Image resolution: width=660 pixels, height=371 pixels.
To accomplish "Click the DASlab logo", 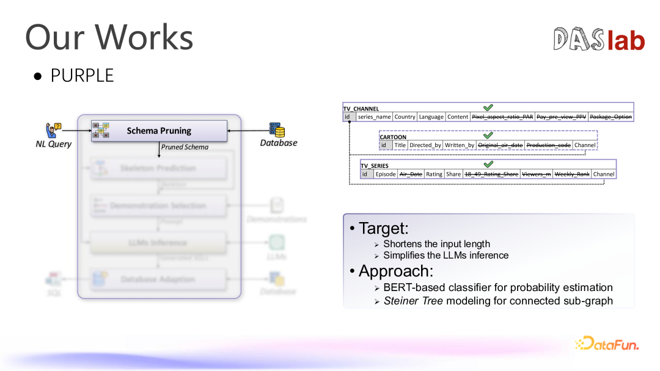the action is point(599,40).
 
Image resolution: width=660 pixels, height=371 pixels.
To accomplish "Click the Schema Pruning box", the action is point(159,131).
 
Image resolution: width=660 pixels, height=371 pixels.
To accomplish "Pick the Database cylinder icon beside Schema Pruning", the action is point(277,130).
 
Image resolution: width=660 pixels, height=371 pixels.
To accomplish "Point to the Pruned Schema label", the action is point(185,147).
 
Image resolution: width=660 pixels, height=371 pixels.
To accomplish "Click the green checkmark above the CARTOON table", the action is point(488,135).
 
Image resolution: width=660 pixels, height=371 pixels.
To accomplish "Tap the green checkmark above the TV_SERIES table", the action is point(488,164).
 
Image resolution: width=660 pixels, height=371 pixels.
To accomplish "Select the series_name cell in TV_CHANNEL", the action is point(374,117).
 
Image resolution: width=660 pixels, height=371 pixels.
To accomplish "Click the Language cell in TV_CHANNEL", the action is point(431,117).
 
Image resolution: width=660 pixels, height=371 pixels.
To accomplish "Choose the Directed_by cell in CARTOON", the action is point(425,145).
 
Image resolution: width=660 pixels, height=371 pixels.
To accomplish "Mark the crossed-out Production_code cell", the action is point(548,145).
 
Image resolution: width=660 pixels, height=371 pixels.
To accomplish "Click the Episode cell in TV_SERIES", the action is point(386,174).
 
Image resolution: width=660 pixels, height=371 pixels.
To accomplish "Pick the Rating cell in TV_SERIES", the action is point(434,174).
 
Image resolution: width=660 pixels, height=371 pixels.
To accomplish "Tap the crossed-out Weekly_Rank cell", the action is point(572,174).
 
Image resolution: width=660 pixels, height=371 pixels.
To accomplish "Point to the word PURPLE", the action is point(82,76).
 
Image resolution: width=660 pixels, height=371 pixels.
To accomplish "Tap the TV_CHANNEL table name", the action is point(361,109).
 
